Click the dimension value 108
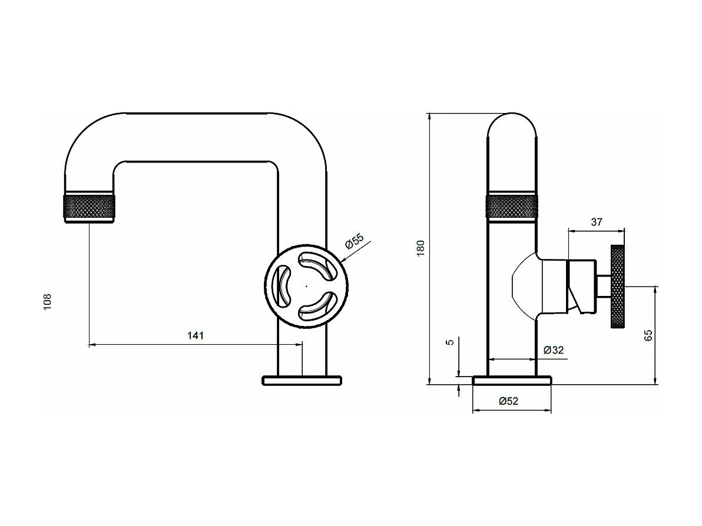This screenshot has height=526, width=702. coord(48,302)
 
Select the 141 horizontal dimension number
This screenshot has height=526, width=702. coord(195,336)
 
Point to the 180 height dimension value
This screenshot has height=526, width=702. coord(420,248)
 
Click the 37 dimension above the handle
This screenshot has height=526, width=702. coord(596,222)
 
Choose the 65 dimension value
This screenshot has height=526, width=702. coord(648,335)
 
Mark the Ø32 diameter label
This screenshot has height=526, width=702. coord(554,350)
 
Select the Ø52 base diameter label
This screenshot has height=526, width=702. coord(508,401)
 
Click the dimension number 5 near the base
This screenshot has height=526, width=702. coord(451,342)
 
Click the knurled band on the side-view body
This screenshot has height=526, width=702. coord(511,207)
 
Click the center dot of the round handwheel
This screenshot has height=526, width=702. coord(306,287)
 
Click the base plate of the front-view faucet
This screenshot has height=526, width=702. coord(302,381)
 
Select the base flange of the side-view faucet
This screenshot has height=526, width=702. coord(512,381)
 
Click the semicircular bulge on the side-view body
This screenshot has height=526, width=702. coord(524,287)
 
